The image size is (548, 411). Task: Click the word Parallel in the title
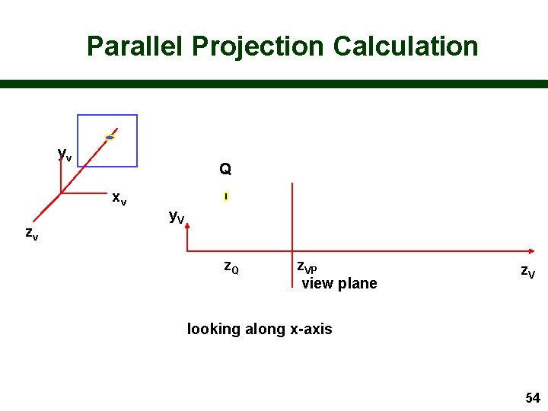click(x=135, y=46)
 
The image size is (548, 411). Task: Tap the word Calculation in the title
click(x=406, y=46)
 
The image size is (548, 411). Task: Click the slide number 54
click(x=532, y=397)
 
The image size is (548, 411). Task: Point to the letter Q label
click(x=225, y=169)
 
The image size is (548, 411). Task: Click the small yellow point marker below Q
click(x=226, y=197)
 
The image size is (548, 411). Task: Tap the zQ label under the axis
click(x=231, y=267)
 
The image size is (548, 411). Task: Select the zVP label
click(x=307, y=267)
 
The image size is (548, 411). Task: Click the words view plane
click(x=339, y=284)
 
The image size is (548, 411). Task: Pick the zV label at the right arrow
click(x=527, y=271)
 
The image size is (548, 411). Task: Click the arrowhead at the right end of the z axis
click(x=541, y=251)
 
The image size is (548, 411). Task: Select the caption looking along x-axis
click(x=260, y=329)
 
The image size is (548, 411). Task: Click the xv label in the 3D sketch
click(x=119, y=198)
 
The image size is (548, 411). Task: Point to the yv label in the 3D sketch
click(x=65, y=154)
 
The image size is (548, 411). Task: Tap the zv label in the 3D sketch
click(x=31, y=234)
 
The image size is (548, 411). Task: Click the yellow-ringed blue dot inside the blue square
click(x=110, y=138)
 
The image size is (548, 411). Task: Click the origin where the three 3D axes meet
click(x=61, y=193)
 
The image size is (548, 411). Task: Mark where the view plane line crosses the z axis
click(x=292, y=251)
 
